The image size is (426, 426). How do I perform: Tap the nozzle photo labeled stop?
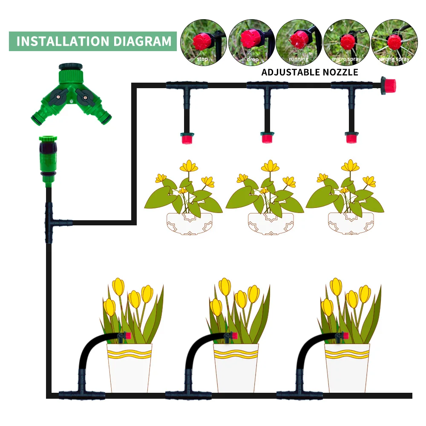(203, 42)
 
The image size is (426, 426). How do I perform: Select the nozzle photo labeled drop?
(250, 42)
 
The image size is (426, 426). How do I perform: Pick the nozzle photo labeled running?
(298, 42)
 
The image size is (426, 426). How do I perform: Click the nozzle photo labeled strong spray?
(392, 42)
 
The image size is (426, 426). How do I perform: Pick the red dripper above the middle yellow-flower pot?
(267, 138)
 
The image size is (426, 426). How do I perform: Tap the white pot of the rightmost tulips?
(347, 367)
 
